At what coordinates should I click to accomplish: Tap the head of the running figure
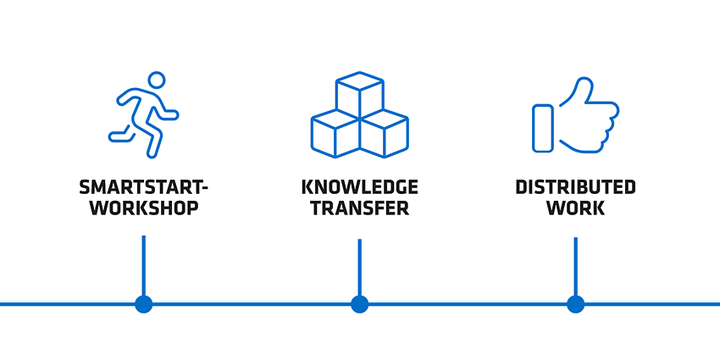[x=157, y=79]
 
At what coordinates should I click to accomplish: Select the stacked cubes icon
[x=359, y=115]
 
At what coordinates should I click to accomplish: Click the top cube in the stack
[x=359, y=95]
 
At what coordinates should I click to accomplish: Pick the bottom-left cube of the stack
[x=335, y=134]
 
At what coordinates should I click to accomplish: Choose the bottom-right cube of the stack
[x=385, y=134]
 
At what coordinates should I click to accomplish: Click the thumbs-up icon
[x=575, y=115]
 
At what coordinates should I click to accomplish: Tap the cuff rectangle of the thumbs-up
[x=542, y=128]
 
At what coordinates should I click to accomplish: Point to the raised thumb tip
[x=585, y=81]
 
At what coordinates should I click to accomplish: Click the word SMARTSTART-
[x=143, y=187]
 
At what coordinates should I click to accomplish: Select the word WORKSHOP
[x=144, y=208]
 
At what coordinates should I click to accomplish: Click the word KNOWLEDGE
[x=359, y=187]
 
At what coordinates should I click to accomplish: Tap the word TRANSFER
[x=359, y=208]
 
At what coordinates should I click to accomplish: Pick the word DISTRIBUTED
[x=575, y=187]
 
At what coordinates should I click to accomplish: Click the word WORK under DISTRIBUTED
[x=575, y=208]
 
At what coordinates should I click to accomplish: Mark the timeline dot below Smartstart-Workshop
[x=144, y=304]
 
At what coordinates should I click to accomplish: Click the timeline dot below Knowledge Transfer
[x=359, y=304]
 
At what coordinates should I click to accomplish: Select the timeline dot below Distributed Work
[x=575, y=304]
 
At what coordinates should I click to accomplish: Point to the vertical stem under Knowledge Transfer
[x=359, y=267]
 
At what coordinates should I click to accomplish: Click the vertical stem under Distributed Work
[x=575, y=266]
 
